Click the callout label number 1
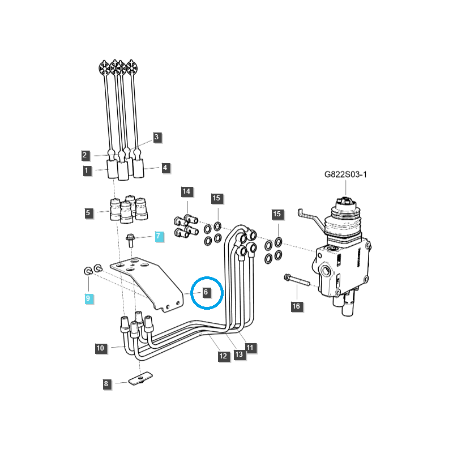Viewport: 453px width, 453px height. coord(87,170)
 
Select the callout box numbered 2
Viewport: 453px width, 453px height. coord(84,155)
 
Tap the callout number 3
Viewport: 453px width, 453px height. coord(157,137)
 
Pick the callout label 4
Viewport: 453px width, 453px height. coord(165,168)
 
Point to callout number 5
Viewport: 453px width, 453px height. coord(88,213)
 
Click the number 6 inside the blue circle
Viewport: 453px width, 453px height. coord(206,292)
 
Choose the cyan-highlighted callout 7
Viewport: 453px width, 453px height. coord(159,236)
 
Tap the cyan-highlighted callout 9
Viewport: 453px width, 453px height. coord(88,297)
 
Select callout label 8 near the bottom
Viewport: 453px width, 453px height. coord(106,384)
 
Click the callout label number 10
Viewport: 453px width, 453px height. coord(100,348)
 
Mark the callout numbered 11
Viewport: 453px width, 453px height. coord(250,347)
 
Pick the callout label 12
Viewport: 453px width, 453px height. coord(223,356)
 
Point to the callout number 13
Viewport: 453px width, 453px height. coord(239,354)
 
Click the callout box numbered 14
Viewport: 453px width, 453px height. coord(186,191)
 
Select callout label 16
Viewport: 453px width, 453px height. coord(296,306)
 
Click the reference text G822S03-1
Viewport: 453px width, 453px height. coord(345,175)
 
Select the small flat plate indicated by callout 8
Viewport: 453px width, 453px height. coord(139,378)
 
